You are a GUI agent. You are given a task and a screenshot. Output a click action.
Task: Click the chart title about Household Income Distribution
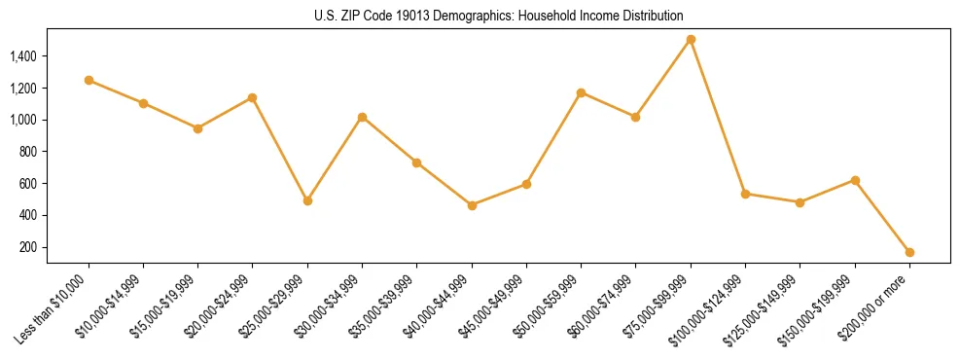coord(499,16)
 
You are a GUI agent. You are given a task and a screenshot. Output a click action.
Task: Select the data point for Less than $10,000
coord(89,80)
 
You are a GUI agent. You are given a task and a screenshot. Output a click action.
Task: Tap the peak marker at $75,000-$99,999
coord(691,40)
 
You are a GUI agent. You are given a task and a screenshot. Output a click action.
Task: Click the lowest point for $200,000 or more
coord(909,252)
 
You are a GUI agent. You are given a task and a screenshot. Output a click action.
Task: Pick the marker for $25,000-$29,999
coord(307,200)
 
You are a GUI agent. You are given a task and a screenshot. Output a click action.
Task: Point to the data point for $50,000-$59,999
coord(581,92)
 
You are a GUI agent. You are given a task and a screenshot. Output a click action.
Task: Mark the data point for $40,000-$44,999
coord(472,205)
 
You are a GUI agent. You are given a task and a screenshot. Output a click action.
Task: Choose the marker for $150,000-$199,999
coord(855,180)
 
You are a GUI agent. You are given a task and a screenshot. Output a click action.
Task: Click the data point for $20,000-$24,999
coord(253,97)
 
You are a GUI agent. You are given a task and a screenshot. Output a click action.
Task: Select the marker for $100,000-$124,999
coord(745,194)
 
